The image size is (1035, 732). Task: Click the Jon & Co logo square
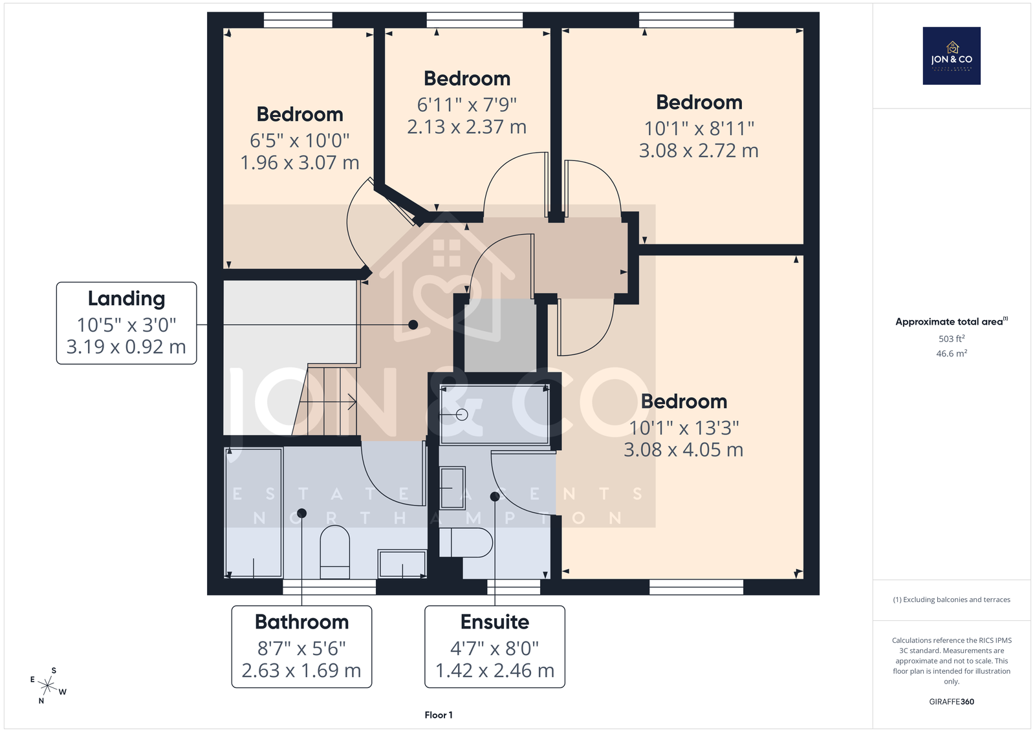click(x=952, y=56)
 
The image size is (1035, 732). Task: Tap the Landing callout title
click(x=126, y=299)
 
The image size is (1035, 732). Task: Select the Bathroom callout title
click(x=301, y=622)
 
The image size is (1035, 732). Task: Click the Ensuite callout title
click(x=495, y=622)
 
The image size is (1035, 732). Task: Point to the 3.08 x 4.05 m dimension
click(x=683, y=449)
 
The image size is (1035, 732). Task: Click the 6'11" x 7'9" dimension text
click(x=466, y=105)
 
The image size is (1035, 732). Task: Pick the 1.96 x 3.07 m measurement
click(x=300, y=162)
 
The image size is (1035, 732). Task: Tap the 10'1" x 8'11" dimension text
click(x=699, y=129)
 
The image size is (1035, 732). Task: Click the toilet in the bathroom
click(x=335, y=552)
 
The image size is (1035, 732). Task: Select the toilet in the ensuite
click(x=466, y=543)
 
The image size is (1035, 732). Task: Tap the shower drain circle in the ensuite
click(x=462, y=414)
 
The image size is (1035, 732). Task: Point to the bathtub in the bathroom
click(x=253, y=513)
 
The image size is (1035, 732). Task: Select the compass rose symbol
click(x=48, y=686)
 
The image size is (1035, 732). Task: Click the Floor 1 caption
click(x=439, y=715)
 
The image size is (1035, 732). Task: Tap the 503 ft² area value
click(x=952, y=339)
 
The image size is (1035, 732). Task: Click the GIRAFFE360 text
click(x=952, y=702)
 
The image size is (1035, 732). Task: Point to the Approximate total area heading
click(x=952, y=321)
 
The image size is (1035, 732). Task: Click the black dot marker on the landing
click(x=413, y=325)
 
